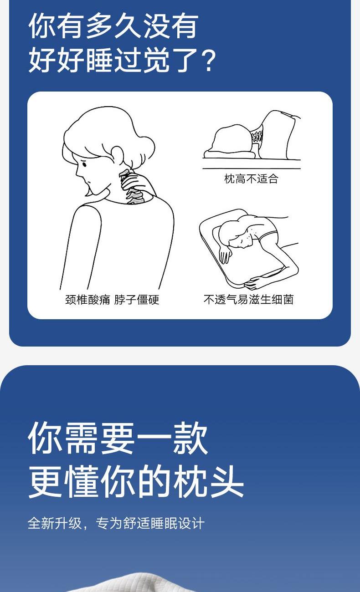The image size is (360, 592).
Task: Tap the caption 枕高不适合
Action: click(x=251, y=179)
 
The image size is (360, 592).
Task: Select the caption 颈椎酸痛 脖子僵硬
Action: click(x=112, y=300)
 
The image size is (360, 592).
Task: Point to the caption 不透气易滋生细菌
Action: click(x=248, y=300)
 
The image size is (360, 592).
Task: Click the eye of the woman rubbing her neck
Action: click(x=84, y=164)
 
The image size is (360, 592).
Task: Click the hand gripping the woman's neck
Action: click(x=135, y=182)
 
